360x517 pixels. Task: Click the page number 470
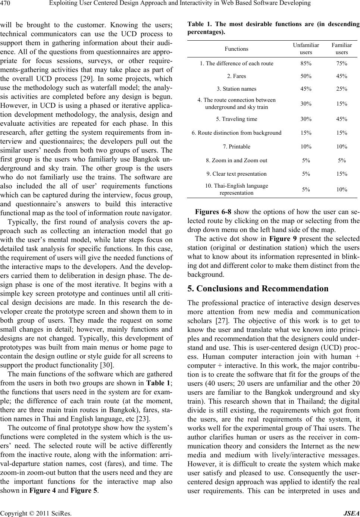6,4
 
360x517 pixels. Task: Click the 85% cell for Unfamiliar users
306,63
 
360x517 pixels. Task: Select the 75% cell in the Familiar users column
341,63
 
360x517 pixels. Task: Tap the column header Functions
237,49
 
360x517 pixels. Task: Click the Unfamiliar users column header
306,49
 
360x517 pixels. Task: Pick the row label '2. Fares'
237,76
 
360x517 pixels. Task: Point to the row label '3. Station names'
237,89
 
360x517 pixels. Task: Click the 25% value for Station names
341,89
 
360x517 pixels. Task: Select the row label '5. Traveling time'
237,119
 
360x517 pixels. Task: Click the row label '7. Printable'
237,147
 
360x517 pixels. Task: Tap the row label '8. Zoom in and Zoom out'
237,160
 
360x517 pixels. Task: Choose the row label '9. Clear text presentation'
237,174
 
